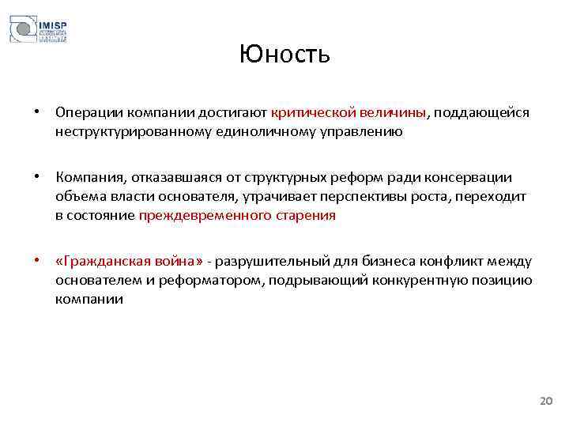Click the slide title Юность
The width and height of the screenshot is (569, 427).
[284, 55]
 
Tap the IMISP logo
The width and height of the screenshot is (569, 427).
[38, 30]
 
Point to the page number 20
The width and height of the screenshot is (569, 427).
[546, 402]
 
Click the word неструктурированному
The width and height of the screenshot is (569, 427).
[133, 131]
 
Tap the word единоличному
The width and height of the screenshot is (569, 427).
[261, 131]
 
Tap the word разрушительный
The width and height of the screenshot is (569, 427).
[273, 261]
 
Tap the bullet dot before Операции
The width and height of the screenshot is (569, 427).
[37, 113]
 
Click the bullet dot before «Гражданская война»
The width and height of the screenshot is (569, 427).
[37, 261]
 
